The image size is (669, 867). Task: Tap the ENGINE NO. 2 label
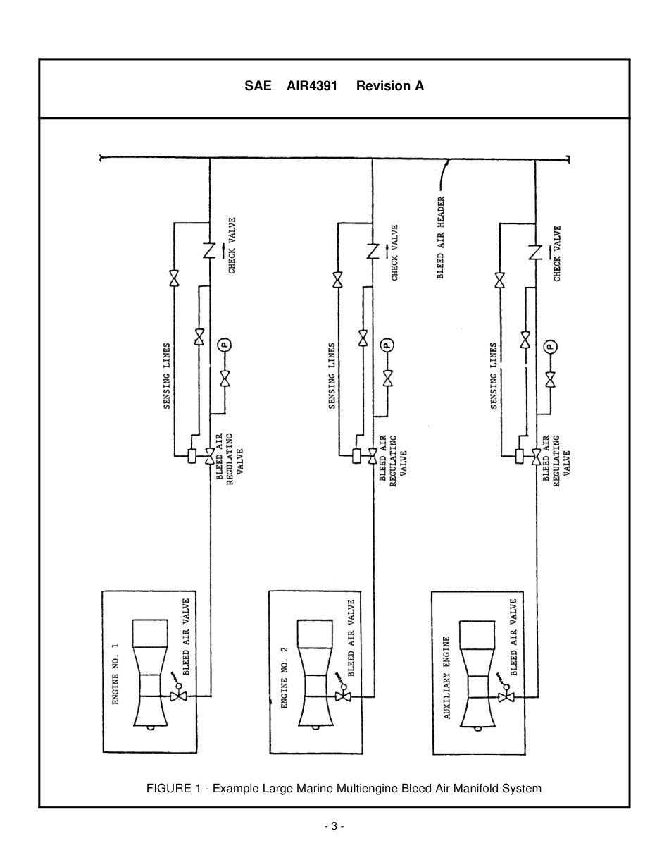click(x=285, y=676)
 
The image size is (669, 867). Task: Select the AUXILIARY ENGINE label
click(x=446, y=677)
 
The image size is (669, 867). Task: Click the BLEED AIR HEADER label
click(x=441, y=238)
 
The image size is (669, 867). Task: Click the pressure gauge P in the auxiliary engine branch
click(x=551, y=346)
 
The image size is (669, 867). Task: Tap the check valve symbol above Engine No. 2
click(x=373, y=251)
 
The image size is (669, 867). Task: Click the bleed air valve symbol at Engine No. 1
click(x=179, y=696)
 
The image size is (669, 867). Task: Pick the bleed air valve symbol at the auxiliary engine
click(x=506, y=696)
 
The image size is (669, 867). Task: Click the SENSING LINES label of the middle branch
click(x=332, y=376)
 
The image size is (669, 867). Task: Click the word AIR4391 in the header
click(x=312, y=87)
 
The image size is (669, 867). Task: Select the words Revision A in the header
click(x=389, y=87)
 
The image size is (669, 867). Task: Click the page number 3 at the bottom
click(x=334, y=826)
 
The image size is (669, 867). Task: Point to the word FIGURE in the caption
click(x=167, y=789)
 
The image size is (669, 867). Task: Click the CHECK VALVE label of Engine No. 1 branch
click(x=232, y=245)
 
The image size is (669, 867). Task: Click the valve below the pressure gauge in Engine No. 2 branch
click(x=387, y=379)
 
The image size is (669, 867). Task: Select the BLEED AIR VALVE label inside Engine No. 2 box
click(x=351, y=639)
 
